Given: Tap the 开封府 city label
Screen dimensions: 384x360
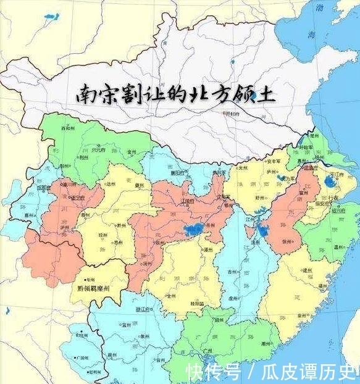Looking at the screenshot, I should point(233,114).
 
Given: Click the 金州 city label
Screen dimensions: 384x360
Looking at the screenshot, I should point(131,150).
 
